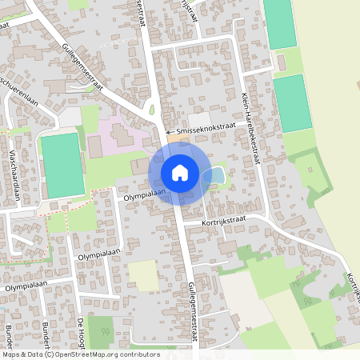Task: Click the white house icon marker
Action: tap(180, 172)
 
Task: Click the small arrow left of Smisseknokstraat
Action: tap(169, 131)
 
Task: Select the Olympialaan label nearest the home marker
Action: tap(144, 194)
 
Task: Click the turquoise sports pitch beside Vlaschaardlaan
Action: tap(62, 166)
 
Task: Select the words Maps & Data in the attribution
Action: tap(22, 354)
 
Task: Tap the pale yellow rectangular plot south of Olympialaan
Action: tap(143, 275)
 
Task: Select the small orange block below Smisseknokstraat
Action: tap(174, 141)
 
